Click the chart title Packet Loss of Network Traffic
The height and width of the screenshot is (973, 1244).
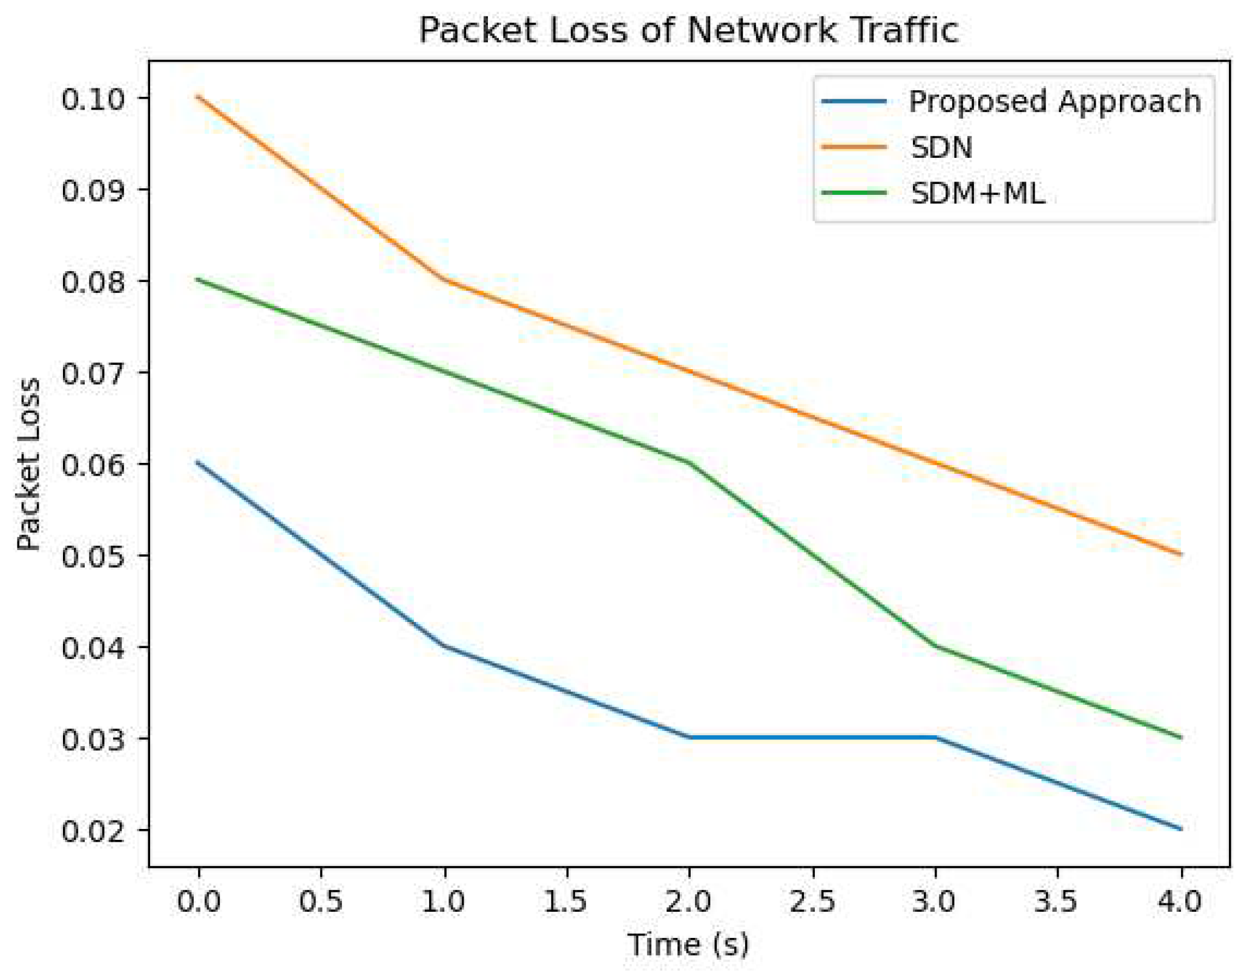688,30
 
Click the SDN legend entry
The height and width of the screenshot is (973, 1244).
941,148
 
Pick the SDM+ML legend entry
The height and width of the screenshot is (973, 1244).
978,194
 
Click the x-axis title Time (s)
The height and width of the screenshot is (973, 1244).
688,945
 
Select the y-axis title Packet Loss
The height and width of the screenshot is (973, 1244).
28,464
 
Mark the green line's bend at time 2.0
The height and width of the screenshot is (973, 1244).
690,464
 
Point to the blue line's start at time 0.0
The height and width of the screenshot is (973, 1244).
199,463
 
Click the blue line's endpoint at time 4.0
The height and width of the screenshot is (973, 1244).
1181,829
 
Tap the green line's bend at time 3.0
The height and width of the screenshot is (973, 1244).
936,646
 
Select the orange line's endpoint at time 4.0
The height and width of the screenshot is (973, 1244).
1181,554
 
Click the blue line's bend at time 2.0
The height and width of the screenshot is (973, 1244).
690,738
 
